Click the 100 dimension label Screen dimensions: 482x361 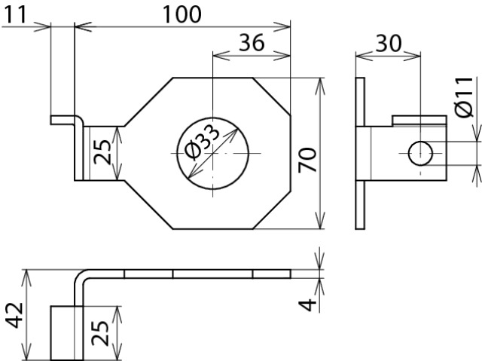pos(182,14)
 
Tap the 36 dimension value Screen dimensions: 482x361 pos(252,42)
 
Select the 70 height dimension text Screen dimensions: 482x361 pos(307,160)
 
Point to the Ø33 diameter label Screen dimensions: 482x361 pos(203,142)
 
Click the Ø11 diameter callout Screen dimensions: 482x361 pos(464,97)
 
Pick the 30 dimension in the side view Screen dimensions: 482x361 pos(389,43)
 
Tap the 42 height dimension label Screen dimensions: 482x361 pos(14,316)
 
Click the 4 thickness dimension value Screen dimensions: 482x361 pos(307,304)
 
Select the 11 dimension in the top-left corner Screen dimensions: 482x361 pos(15,14)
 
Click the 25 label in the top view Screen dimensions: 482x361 pos(102,152)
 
